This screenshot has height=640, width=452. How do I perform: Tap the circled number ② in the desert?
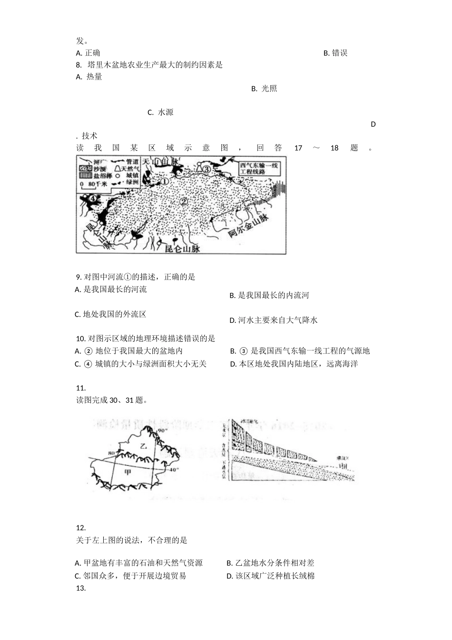(x=183, y=201)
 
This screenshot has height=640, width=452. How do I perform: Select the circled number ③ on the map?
(x=206, y=169)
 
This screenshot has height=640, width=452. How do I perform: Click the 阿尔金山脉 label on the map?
(x=248, y=227)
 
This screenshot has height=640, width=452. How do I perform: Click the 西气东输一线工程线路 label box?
(x=259, y=169)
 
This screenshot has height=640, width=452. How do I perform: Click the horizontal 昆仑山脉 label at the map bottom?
(x=182, y=248)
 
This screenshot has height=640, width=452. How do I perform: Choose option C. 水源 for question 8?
(x=160, y=112)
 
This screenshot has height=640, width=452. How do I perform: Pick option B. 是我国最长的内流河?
(x=269, y=296)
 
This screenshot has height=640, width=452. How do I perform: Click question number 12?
(x=80, y=528)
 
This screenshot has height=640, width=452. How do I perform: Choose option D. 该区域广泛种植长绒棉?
(x=271, y=576)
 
